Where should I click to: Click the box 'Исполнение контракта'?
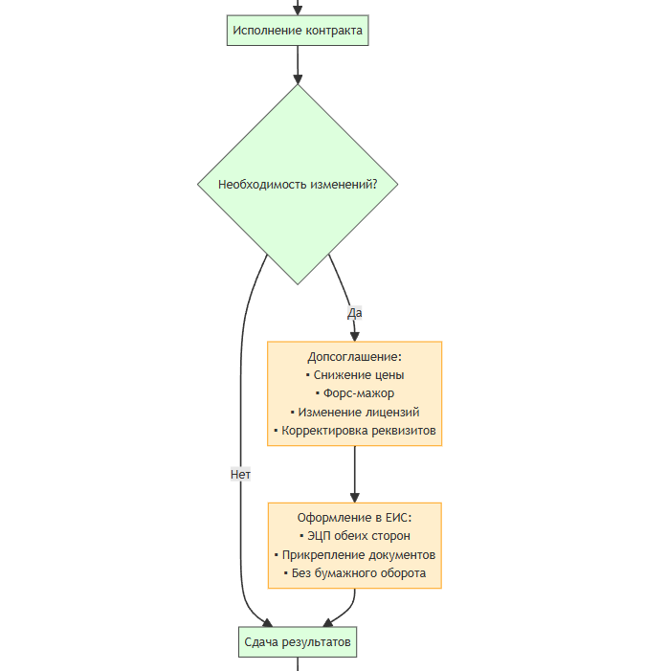pyautogui.click(x=298, y=31)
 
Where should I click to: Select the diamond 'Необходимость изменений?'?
pyautogui.click(x=298, y=185)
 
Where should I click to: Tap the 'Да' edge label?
pyautogui.click(x=355, y=313)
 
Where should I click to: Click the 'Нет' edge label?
pyautogui.click(x=240, y=474)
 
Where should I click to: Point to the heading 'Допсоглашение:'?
pyautogui.click(x=355, y=356)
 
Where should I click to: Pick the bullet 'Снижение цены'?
pyautogui.click(x=355, y=375)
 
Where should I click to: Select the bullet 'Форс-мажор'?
pyautogui.click(x=355, y=393)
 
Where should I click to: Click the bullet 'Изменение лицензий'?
pyautogui.click(x=355, y=413)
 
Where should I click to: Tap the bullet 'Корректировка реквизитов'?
pyautogui.click(x=355, y=431)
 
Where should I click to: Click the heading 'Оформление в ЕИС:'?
pyautogui.click(x=355, y=518)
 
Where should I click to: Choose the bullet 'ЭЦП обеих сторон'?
pyautogui.click(x=355, y=536)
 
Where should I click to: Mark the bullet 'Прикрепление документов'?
pyautogui.click(x=355, y=555)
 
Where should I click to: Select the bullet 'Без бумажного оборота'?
pyautogui.click(x=355, y=573)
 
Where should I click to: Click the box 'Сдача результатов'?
pyautogui.click(x=298, y=642)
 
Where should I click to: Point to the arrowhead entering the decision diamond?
pyautogui.click(x=298, y=79)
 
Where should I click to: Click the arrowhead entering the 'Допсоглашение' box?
pyautogui.click(x=355, y=336)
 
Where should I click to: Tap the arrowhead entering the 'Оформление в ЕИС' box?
pyautogui.click(x=355, y=498)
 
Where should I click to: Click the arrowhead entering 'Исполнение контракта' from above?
pyautogui.click(x=298, y=11)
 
